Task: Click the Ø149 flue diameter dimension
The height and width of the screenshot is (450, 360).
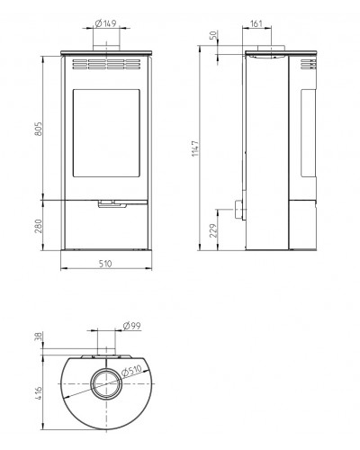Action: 105,23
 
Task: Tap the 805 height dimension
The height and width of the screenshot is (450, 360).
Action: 39,129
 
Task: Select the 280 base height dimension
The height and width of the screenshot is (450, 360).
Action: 39,226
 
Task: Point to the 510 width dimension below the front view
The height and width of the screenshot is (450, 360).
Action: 105,264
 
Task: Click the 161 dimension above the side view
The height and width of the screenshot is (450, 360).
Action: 256,23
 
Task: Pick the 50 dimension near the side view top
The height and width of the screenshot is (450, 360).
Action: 213,35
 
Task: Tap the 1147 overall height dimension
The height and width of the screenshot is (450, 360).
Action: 195,148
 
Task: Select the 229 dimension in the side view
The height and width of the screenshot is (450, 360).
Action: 213,230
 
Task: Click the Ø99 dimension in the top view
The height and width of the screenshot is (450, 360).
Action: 131,326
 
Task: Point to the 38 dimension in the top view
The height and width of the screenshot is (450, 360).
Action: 39,337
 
